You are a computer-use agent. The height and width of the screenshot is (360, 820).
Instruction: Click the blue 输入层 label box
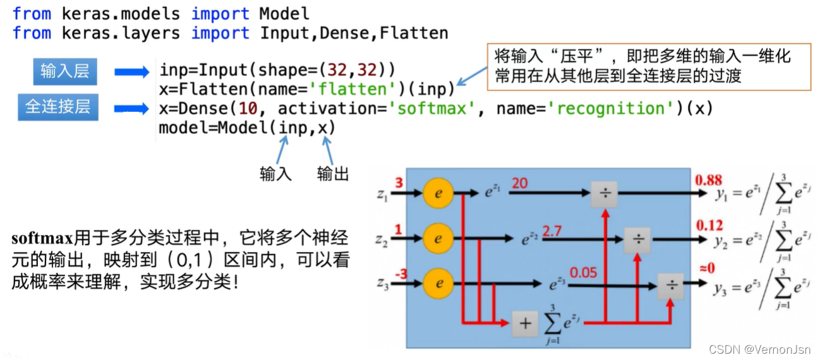pos(65,71)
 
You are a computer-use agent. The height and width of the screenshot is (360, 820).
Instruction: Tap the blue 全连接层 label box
pos(57,106)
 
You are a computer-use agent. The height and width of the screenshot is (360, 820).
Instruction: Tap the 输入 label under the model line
pos(275,174)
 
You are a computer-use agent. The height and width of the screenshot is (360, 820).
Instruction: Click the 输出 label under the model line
pos(333,174)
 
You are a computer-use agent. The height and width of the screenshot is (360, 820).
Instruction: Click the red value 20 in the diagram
pos(520,183)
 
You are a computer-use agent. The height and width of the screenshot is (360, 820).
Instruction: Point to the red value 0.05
pos(583,273)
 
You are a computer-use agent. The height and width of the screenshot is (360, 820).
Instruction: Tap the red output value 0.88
pos(708,181)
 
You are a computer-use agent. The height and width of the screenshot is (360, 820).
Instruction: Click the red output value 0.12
pos(708,225)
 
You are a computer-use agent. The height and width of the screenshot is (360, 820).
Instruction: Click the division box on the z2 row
pos(637,240)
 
